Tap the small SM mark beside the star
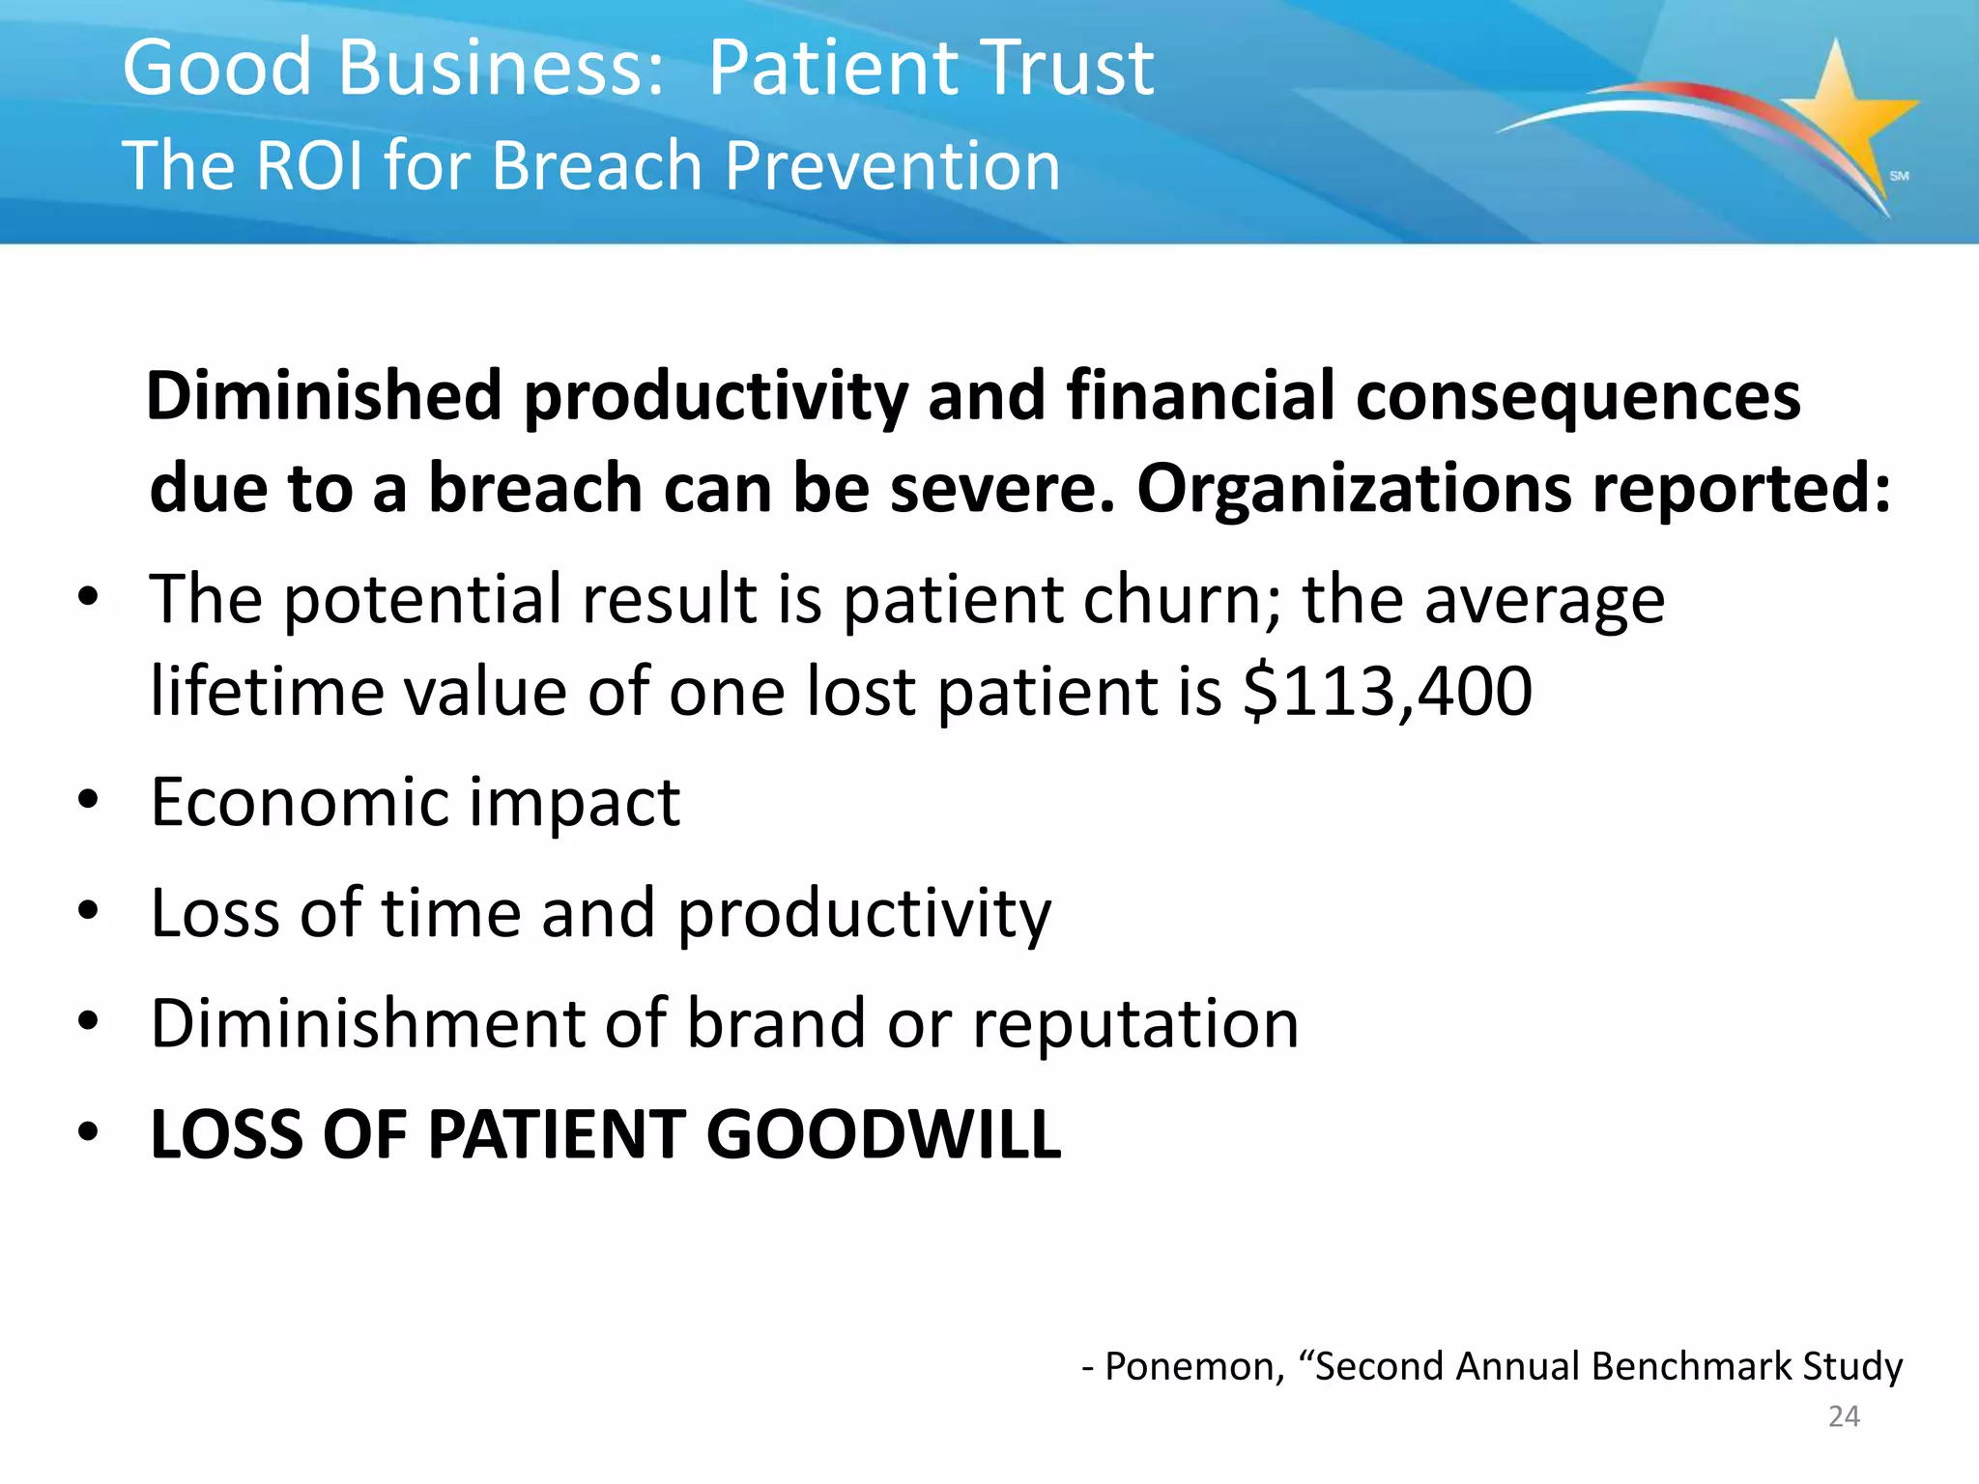[x=1899, y=176]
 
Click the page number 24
[x=1844, y=1416]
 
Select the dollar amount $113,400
[x=1388, y=692]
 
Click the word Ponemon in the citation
[x=1194, y=1367]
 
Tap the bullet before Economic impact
[x=89, y=800]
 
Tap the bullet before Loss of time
[x=89, y=910]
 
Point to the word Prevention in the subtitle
[x=892, y=166]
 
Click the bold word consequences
[x=1579, y=396]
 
